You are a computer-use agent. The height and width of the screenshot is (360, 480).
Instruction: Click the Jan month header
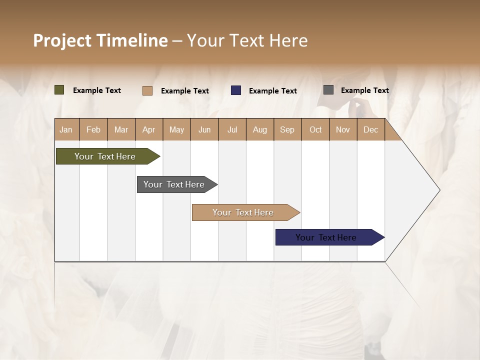point(66,129)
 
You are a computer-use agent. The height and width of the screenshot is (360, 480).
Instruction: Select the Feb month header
point(93,129)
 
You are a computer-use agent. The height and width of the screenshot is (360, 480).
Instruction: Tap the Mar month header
point(121,129)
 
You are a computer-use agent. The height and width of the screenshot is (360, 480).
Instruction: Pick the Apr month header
point(148,129)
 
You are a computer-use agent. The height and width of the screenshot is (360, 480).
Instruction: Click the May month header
point(176,129)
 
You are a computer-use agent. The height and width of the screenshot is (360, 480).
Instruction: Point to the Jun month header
point(204,129)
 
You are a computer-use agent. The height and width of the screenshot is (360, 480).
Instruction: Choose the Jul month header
point(232,129)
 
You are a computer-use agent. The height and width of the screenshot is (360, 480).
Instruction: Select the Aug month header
point(260,129)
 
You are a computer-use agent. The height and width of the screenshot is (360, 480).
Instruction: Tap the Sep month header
point(287,129)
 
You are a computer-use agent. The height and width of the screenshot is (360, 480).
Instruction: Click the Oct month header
point(315,129)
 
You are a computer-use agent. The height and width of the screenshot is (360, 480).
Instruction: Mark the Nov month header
point(343,129)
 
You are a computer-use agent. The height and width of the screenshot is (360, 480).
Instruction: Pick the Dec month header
point(371,129)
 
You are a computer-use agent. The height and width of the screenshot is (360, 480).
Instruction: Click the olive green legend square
point(59,90)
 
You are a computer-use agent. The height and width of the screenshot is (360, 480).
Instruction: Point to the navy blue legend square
point(236,90)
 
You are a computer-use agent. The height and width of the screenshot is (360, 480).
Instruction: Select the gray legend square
point(328,90)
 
